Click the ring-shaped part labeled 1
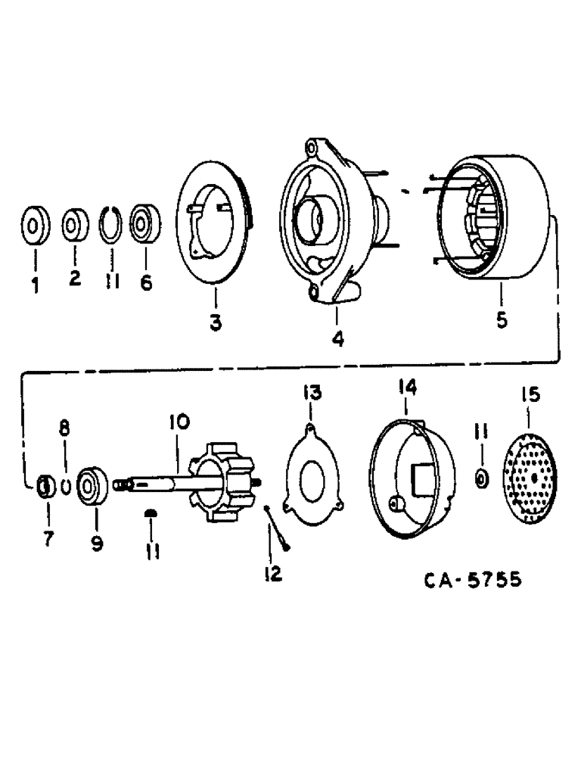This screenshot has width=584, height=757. point(34,226)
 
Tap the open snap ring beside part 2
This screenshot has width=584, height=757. point(112,225)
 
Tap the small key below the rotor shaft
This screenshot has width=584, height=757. point(150,514)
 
